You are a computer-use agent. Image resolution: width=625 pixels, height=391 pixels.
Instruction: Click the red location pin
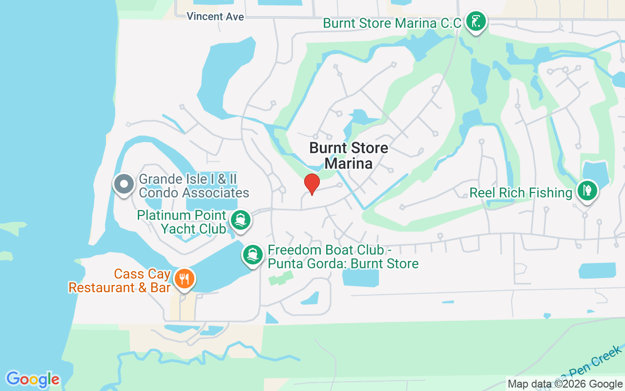(312, 184)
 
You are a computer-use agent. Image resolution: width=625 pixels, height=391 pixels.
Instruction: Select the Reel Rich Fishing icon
(587, 191)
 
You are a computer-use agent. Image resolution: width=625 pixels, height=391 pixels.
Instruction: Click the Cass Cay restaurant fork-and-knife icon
(184, 279)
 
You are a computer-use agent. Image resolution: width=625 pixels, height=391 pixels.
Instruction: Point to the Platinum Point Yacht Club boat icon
(240, 220)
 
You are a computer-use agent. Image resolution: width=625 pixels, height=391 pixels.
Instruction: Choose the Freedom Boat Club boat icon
(253, 255)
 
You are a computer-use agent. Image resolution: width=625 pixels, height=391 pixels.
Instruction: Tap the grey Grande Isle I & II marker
(124, 184)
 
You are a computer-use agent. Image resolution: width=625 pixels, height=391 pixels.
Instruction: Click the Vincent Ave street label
(215, 17)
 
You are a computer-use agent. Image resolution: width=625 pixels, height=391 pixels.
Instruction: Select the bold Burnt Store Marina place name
(349, 155)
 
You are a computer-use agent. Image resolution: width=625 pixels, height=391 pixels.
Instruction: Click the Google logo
(33, 379)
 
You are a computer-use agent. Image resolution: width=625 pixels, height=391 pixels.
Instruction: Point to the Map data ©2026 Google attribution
(565, 384)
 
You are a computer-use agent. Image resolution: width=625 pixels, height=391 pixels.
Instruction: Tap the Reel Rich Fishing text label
(521, 193)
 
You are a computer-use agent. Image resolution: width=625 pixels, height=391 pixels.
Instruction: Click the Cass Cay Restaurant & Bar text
(119, 281)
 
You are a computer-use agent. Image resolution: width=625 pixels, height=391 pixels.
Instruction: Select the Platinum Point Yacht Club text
(182, 222)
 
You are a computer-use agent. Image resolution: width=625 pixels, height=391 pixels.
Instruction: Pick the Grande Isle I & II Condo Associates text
(194, 186)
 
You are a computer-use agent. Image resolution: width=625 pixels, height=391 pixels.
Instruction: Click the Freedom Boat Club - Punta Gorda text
(343, 257)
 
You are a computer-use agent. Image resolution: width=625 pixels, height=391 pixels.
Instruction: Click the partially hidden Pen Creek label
(598, 363)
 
